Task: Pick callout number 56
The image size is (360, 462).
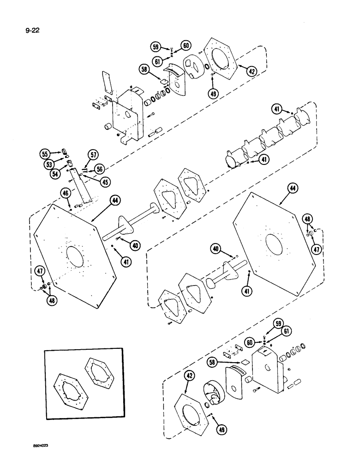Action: [x=99, y=169]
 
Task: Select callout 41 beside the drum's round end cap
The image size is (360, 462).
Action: [x=264, y=160]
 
